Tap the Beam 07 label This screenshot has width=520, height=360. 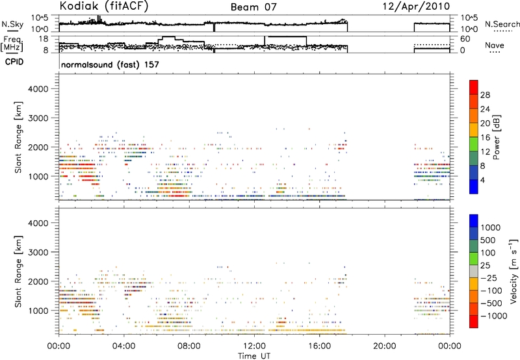coord(253,7)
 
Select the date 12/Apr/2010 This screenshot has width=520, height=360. coord(416,6)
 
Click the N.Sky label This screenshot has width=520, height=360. coord(12,24)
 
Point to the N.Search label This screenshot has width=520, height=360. coord(502,24)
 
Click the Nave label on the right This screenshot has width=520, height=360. coord(495,45)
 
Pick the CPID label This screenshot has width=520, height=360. coord(14,62)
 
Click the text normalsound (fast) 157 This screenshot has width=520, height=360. coord(110,64)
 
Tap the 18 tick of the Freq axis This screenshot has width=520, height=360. coord(44,39)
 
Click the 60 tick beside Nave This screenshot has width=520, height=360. coord(465,39)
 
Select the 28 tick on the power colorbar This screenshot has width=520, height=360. coord(485,95)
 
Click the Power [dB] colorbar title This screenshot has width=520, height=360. coord(496,137)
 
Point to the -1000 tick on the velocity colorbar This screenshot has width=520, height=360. coord(494,316)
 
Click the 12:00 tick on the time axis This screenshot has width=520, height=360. coord(254,346)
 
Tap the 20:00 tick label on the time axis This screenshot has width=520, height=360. coord(384,346)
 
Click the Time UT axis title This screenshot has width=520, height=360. coord(254,356)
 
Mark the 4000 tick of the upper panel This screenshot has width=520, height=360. coord(38,89)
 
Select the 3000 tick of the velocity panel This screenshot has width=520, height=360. coord(38,252)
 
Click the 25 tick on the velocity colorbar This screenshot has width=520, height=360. coord(485,266)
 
